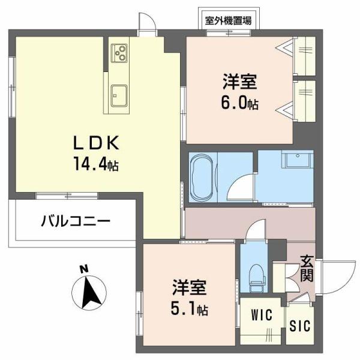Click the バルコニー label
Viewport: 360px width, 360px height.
[x=76, y=221]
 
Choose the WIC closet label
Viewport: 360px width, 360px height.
[x=262, y=315]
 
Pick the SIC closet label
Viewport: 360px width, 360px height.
[x=300, y=326]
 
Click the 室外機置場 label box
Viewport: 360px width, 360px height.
[x=228, y=20]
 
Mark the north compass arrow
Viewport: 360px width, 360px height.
[x=89, y=292]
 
